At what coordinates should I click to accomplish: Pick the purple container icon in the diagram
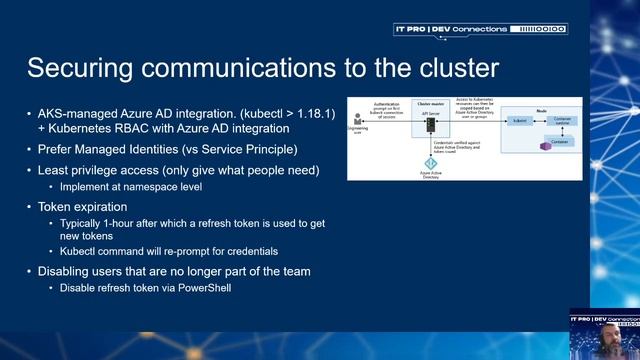tap(546, 146)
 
